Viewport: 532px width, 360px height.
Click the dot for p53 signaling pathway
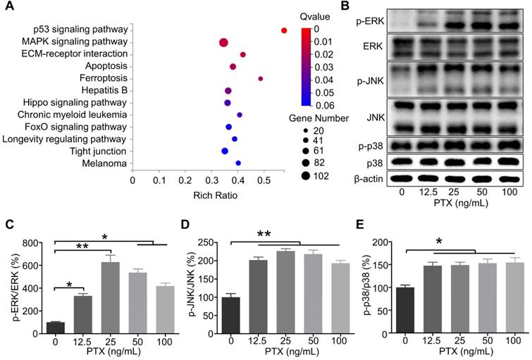point(284,30)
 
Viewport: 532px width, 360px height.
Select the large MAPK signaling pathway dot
point(244,43)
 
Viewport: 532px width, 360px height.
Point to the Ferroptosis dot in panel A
point(261,79)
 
